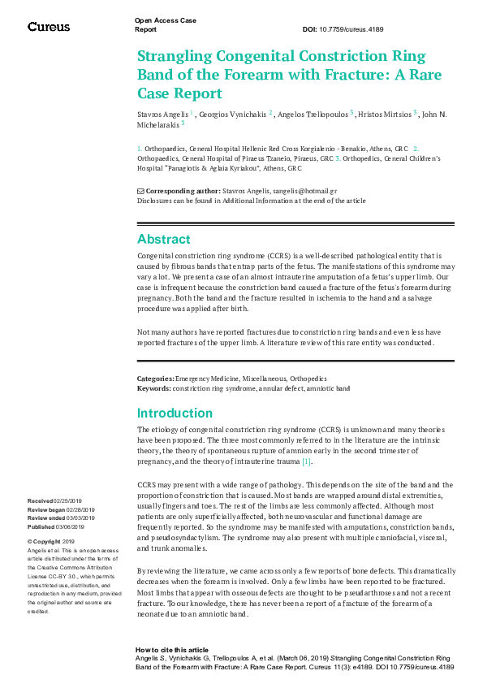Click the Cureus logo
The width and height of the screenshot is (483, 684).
point(49,27)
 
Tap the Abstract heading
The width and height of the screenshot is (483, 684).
point(163,240)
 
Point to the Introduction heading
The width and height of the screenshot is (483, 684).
point(175,413)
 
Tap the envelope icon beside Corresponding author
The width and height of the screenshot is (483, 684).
point(140,190)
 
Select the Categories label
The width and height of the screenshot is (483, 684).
point(155,379)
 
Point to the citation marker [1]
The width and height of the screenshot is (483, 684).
point(306,462)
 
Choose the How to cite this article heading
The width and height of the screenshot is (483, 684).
point(171,650)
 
